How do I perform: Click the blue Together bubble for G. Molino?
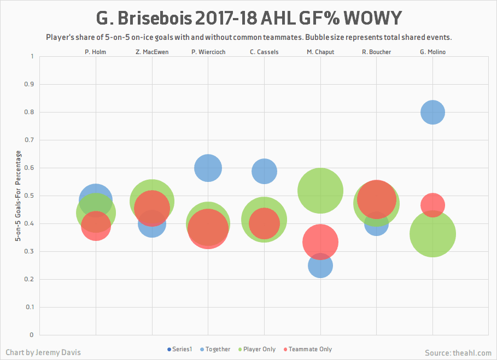[432, 113]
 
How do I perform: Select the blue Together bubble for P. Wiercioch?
[208, 168]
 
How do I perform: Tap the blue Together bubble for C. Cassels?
[264, 171]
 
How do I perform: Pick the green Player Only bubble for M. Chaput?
[320, 191]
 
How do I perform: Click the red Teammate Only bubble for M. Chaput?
[320, 242]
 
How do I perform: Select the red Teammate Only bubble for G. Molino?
[432, 205]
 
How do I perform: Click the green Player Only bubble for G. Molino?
[432, 234]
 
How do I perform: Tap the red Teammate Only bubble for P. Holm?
[96, 226]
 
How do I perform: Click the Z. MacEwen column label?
[152, 52]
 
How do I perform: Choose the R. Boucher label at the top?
[376, 52]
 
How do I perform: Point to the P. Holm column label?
[96, 52]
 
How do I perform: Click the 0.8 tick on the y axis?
[30, 113]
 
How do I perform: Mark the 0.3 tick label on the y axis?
[30, 252]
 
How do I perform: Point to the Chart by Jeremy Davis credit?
[43, 352]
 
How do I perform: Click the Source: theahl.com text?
[458, 353]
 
